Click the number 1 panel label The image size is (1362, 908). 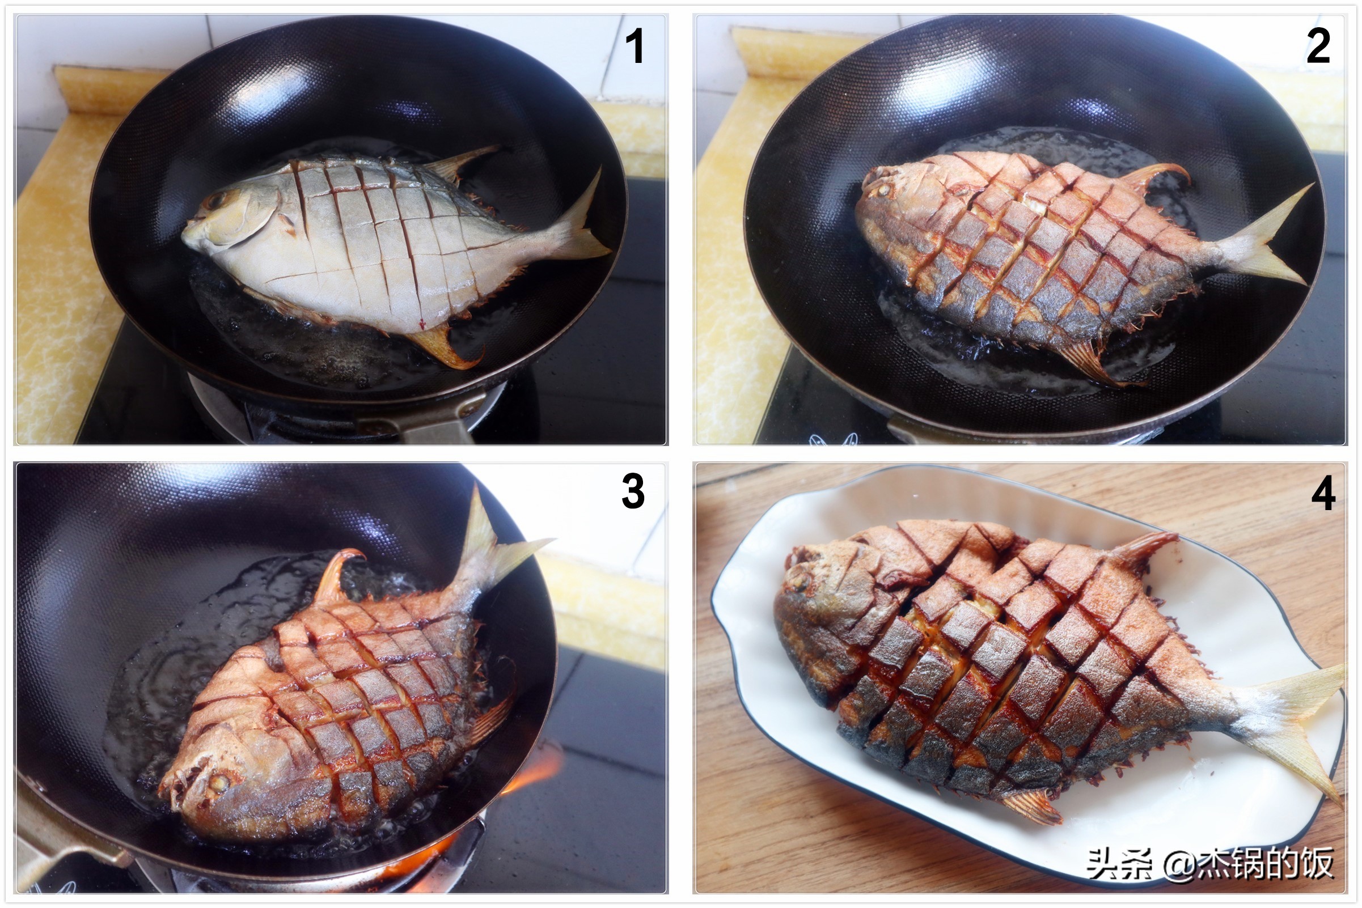pyautogui.click(x=635, y=46)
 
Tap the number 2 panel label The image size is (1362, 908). pyautogui.click(x=1317, y=46)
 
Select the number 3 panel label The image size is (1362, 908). pyautogui.click(x=633, y=490)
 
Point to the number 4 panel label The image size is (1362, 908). pyautogui.click(x=1324, y=493)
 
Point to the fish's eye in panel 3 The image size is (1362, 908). pyautogui.click(x=218, y=782)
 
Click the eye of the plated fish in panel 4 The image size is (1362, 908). pyautogui.click(x=800, y=578)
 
